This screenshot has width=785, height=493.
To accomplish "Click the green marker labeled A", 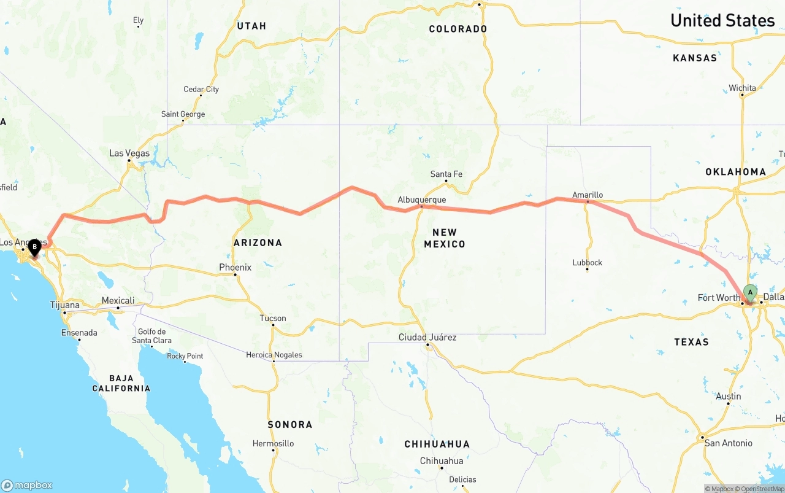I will click(749, 292).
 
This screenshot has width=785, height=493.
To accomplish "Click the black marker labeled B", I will click(35, 247).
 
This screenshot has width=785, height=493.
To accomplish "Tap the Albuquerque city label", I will click(421, 200).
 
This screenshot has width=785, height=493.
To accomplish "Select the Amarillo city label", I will click(588, 195).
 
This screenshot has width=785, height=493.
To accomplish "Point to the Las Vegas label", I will click(129, 153).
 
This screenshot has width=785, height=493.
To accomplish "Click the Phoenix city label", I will click(235, 267).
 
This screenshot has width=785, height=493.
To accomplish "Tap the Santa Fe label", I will click(446, 174).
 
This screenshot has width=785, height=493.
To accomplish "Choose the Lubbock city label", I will click(588, 262).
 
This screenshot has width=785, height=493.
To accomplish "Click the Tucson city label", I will click(273, 318).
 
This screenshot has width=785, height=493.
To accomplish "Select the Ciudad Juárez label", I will click(427, 337).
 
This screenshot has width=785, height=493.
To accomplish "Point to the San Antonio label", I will click(728, 443).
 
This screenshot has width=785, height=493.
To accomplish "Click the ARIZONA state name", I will click(258, 243).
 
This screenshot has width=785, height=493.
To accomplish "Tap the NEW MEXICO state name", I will click(445, 238).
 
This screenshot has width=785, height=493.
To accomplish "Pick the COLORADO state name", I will click(458, 29).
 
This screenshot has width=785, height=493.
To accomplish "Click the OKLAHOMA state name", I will click(735, 172).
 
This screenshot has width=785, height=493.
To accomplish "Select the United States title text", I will click(722, 20).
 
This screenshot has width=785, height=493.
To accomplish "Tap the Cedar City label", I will click(201, 89).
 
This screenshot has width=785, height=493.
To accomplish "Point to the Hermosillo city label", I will click(273, 443).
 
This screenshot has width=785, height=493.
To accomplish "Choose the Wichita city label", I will click(742, 88).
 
